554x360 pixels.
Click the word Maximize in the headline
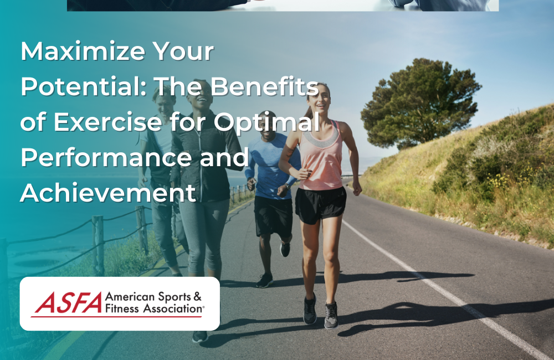78,52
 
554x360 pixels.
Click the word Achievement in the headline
108,193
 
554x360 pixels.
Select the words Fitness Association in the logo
154,309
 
